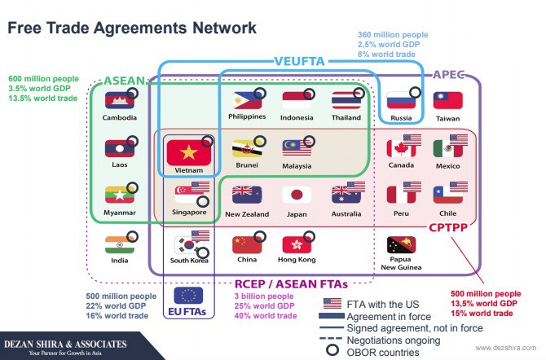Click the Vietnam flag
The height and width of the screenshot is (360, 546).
click(x=189, y=152)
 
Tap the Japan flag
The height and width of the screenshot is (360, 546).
click(x=297, y=195)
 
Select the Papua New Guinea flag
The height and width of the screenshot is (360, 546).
click(x=401, y=245)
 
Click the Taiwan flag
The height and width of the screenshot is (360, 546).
click(x=448, y=101)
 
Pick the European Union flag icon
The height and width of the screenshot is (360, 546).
click(x=188, y=296)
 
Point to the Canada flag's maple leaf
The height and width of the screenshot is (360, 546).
click(x=400, y=149)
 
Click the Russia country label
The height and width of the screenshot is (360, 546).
click(x=401, y=118)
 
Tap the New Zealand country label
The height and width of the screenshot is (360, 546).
click(x=247, y=214)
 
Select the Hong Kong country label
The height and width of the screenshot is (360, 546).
click(x=297, y=259)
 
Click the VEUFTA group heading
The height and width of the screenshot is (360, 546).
click(x=299, y=62)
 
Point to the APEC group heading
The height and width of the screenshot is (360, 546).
click(x=448, y=74)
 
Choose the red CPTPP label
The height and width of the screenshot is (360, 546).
click(x=448, y=228)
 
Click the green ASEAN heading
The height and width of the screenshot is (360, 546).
click(x=125, y=81)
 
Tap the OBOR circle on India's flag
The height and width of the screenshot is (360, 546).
click(x=132, y=237)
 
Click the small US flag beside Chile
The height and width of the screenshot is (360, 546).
click(x=459, y=187)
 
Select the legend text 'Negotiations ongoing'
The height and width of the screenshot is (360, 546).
click(x=394, y=340)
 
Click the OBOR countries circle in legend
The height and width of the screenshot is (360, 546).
click(x=332, y=349)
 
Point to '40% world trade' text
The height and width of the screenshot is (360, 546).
click(x=266, y=316)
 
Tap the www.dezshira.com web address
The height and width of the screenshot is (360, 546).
click(x=506, y=348)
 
